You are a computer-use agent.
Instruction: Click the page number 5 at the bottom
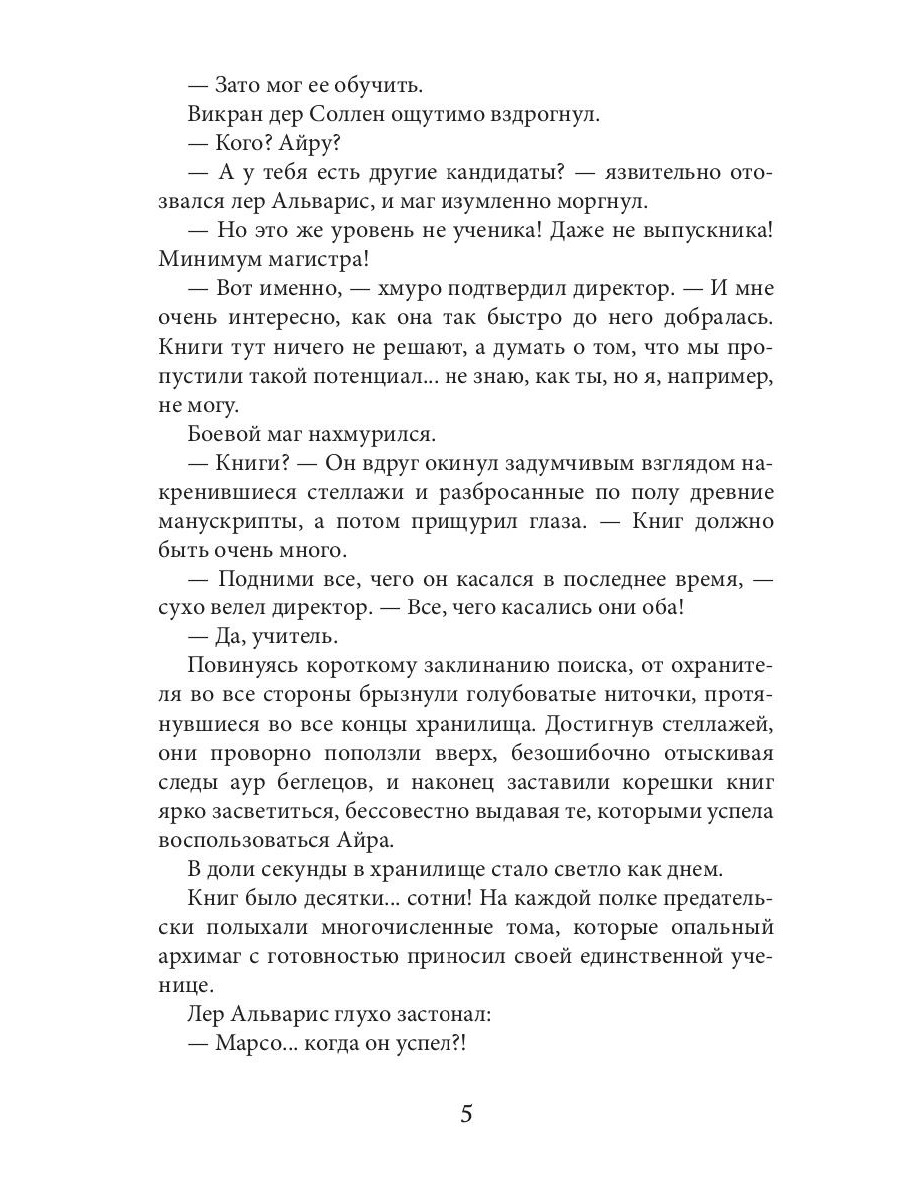(465, 1114)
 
